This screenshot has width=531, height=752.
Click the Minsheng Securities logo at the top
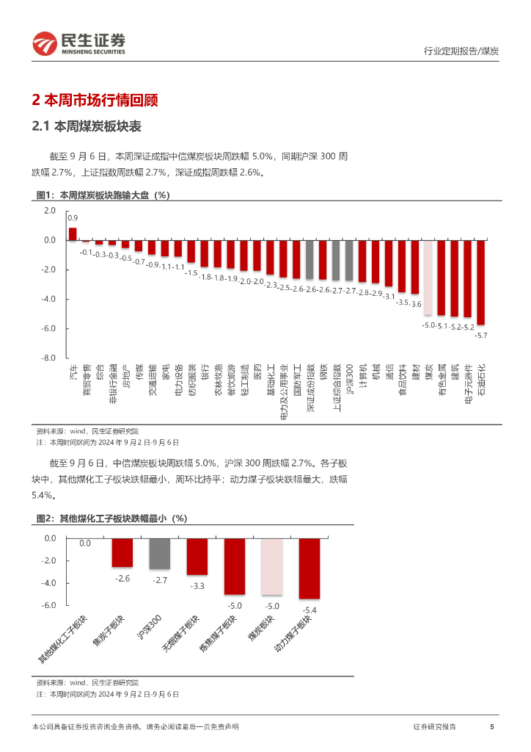78,44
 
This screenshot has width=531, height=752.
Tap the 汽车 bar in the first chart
73,234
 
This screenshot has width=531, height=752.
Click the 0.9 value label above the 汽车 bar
73,218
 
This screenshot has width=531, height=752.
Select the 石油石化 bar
480,282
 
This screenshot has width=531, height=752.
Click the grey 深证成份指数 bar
310,259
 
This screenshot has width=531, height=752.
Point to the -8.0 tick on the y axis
49,358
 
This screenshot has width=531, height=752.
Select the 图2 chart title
111,518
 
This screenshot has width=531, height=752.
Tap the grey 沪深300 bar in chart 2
159,554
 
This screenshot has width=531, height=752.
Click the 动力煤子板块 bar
310,568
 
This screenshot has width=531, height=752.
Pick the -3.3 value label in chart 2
197,585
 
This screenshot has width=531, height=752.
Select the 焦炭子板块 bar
122,552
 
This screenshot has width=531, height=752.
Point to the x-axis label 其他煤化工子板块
65,638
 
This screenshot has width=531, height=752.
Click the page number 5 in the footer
491,726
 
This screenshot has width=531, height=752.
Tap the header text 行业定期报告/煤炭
461,51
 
